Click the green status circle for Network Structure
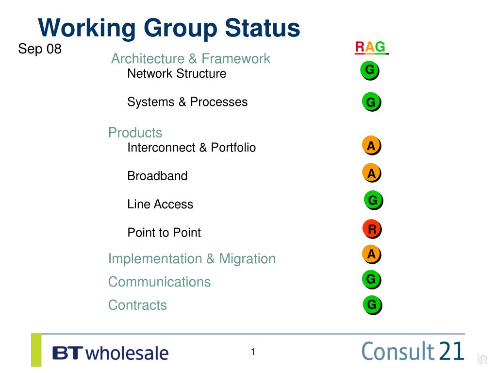tap(369, 70)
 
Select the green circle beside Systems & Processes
tap(371, 102)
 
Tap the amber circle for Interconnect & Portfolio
tap(371, 145)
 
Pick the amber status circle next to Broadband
tap(371, 173)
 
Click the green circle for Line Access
tap(373, 200)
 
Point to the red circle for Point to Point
tap(372, 229)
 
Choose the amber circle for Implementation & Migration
tap(371, 254)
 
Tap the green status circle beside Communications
tap(371, 279)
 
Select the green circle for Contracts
tap(372, 305)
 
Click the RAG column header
tap(371, 47)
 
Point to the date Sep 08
tap(40, 49)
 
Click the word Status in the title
tap(263, 28)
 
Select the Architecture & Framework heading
tap(190, 59)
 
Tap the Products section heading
tap(135, 133)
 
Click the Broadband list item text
tap(158, 176)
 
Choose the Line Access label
tap(160, 204)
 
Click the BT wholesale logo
tap(110, 353)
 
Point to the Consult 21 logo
tap(413, 351)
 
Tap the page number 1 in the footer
tap(253, 352)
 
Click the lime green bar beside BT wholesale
tap(36, 350)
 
